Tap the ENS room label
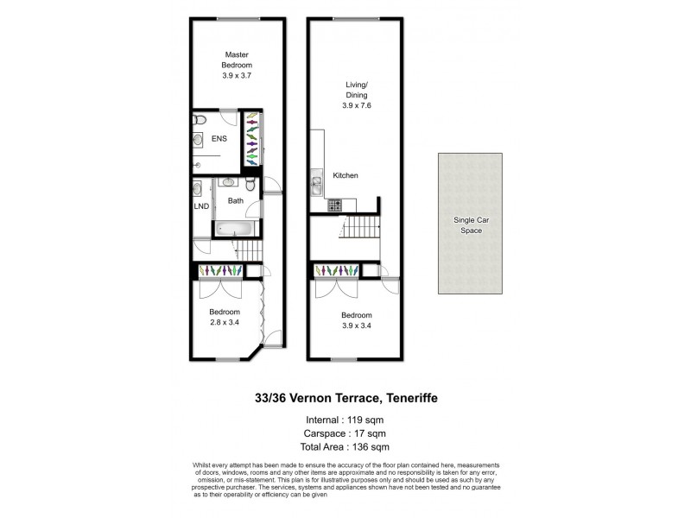click(220, 137)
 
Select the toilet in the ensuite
click(198, 120)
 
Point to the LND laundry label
click(200, 206)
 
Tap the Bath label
click(235, 200)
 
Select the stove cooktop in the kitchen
click(333, 205)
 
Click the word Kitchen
click(346, 176)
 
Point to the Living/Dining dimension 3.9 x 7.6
click(355, 106)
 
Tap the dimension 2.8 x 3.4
click(225, 322)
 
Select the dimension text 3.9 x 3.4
click(355, 325)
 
